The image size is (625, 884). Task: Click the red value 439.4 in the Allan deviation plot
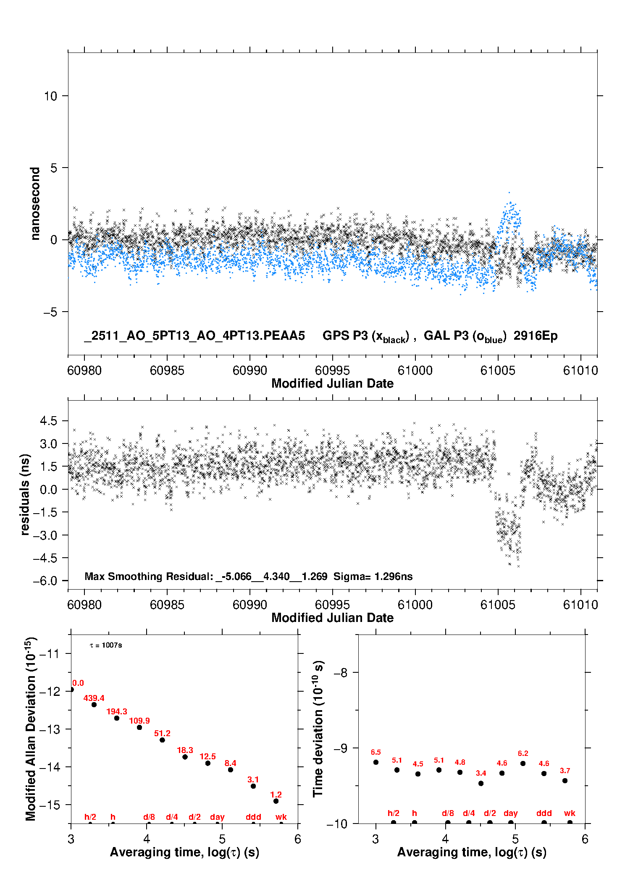[x=94, y=698]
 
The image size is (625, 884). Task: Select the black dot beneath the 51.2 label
[x=162, y=740]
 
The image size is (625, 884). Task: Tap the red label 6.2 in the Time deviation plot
[x=523, y=753]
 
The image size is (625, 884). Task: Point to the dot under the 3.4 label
[x=481, y=783]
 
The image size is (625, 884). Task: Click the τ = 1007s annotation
[x=106, y=645]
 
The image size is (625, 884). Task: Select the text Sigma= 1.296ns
[x=373, y=576]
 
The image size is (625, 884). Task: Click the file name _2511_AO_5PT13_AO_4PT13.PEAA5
[x=194, y=336]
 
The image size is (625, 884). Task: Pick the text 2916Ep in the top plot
[x=536, y=336]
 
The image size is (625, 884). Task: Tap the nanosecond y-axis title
[x=35, y=203]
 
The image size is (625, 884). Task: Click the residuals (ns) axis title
[x=25, y=494]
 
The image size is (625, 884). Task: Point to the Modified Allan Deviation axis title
[x=31, y=729]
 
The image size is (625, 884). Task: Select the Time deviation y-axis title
[x=318, y=729]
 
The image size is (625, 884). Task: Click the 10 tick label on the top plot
[x=50, y=96]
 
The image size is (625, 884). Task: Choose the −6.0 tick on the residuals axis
[x=45, y=581]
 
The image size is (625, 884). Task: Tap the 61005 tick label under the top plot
[x=498, y=370]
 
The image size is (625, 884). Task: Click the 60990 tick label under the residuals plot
[x=249, y=605]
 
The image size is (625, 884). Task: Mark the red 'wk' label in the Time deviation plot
[x=570, y=813]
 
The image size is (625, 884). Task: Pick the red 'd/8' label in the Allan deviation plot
[x=149, y=817]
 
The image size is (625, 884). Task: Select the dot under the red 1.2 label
[x=276, y=801]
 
